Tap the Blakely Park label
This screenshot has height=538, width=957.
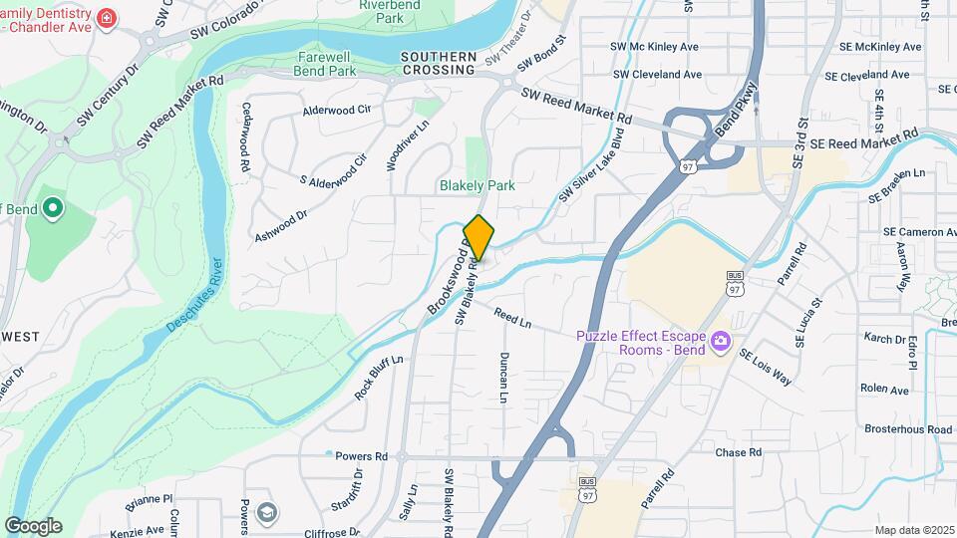point(478,185)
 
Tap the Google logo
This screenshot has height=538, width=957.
point(33,526)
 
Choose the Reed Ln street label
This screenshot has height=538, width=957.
point(512,319)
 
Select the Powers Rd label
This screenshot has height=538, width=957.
point(361,456)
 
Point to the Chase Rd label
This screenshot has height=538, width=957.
point(739,452)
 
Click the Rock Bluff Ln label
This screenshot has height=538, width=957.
point(379,379)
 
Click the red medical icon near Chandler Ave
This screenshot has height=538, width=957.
point(105,18)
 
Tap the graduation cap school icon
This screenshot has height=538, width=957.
point(266,511)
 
